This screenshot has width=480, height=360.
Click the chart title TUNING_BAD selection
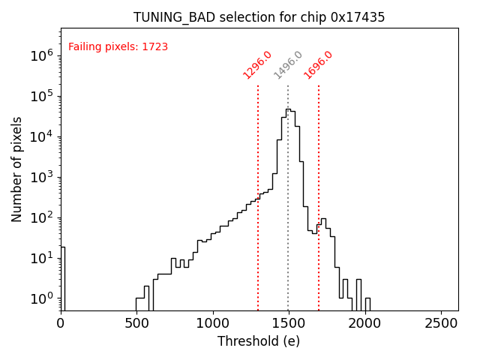click(259, 17)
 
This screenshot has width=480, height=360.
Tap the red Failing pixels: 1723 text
click(118, 47)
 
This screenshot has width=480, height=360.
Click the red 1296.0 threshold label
click(257, 64)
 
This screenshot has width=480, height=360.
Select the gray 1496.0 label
click(288, 64)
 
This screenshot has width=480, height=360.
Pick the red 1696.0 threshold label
click(319, 64)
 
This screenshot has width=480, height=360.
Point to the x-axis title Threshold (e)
click(259, 341)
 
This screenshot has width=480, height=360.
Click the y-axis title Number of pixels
click(17, 169)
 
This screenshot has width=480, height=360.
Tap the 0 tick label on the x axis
click(61, 323)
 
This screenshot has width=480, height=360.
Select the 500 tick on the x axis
click(136, 323)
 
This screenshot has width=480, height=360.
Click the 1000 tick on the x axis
click(213, 323)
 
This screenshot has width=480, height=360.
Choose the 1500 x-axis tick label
click(289, 323)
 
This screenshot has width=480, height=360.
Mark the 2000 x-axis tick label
click(365, 323)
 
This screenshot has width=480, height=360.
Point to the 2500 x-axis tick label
click(441, 323)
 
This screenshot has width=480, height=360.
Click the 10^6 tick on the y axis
click(41, 55)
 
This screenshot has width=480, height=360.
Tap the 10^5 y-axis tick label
click(41, 96)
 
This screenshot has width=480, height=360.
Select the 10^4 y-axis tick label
click(41, 136)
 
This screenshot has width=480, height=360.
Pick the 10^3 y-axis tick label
click(41, 177)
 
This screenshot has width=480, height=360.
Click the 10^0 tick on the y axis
click(41, 298)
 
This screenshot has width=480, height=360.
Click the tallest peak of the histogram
click(287, 110)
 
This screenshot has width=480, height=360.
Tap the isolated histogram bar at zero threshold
click(62, 277)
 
